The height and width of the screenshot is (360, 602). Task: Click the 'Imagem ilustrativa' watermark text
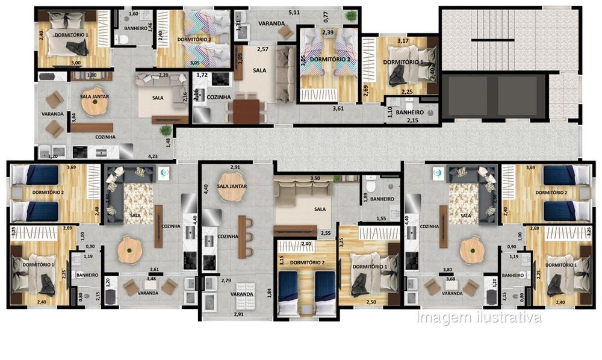tap(479, 317)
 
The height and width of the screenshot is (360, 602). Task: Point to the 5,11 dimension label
tap(294, 12)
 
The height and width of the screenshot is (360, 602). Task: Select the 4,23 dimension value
tap(154, 156)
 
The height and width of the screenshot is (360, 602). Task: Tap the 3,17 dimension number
tap(403, 42)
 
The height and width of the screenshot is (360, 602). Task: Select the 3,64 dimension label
tap(73, 117)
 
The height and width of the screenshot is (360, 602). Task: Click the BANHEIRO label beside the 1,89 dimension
tap(382, 199)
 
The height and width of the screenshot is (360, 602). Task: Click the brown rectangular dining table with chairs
tap(246, 111)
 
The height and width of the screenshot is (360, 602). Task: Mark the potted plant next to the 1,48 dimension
tap(163, 131)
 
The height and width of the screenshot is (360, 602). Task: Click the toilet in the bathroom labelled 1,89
tap(371, 180)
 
